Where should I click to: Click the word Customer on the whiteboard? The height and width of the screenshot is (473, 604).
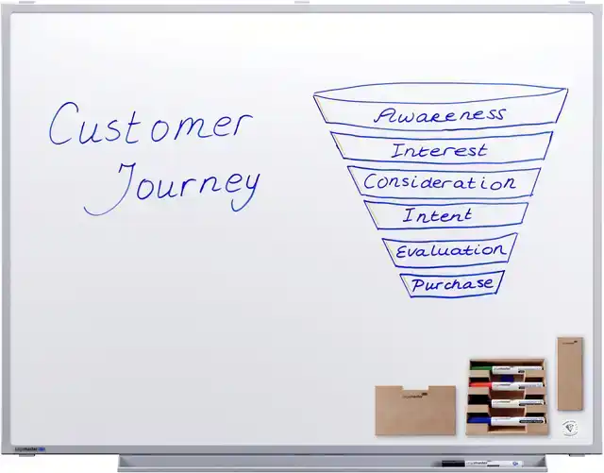(x=151, y=124)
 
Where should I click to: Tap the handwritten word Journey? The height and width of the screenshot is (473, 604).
(x=172, y=188)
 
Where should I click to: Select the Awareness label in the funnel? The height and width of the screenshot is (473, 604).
(x=439, y=115)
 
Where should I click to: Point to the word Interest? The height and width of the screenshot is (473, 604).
(x=439, y=150)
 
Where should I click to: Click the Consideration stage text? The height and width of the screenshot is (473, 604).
(x=440, y=182)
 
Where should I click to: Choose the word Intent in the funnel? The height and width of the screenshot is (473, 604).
(x=437, y=215)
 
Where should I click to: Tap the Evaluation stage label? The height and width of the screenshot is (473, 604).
(x=450, y=250)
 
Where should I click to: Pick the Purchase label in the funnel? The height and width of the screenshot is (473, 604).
(x=452, y=284)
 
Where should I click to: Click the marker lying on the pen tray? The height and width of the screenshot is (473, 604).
(x=482, y=464)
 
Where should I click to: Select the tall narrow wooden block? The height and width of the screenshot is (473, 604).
(x=570, y=374)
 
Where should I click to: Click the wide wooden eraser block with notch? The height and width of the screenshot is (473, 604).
(x=415, y=410)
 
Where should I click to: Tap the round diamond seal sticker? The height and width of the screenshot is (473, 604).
(x=570, y=428)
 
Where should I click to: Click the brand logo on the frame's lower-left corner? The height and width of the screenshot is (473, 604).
(x=30, y=449)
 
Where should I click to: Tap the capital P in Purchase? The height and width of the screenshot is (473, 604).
(x=418, y=285)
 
